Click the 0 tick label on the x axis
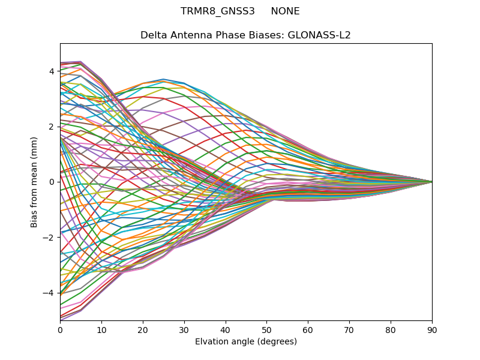tap(60, 329)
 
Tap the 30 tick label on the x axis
tap(184, 329)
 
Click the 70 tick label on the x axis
tap(349, 329)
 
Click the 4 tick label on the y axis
tap(52, 71)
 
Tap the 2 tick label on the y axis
tap(52, 127)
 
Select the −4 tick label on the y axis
tap(49, 292)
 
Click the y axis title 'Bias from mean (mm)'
tap(34, 182)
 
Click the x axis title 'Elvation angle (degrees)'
tap(246, 341)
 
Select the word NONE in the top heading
tap(285, 11)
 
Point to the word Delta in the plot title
tap(152, 35)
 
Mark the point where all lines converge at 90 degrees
tap(432, 182)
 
